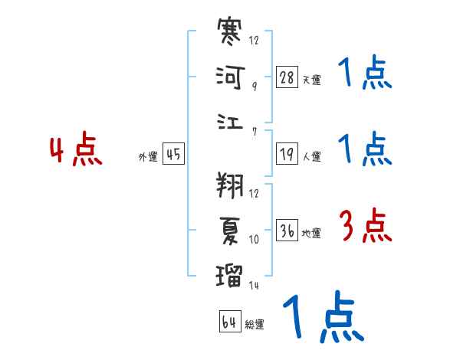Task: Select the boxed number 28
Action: [287, 77]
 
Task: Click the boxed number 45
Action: [173, 155]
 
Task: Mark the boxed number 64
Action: [229, 322]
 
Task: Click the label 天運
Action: [311, 80]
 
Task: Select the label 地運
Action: [311, 233]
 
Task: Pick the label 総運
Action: [255, 324]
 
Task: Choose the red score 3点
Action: [366, 226]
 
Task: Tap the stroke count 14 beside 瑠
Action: [254, 285]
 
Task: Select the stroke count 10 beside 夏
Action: [254, 240]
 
